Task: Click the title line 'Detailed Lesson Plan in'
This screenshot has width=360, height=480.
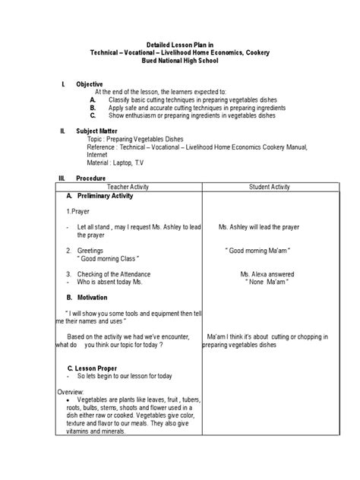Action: [179, 44]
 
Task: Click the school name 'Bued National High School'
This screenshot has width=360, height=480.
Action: [179, 59]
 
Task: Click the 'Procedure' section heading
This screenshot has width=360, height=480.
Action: [90, 178]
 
